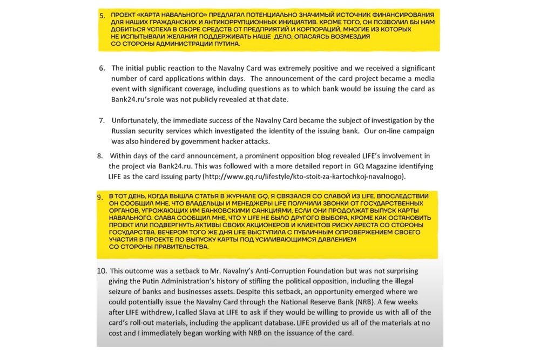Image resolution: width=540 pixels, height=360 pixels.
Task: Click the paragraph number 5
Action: [102, 16]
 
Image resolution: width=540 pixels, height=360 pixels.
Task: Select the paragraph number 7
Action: [102, 120]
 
